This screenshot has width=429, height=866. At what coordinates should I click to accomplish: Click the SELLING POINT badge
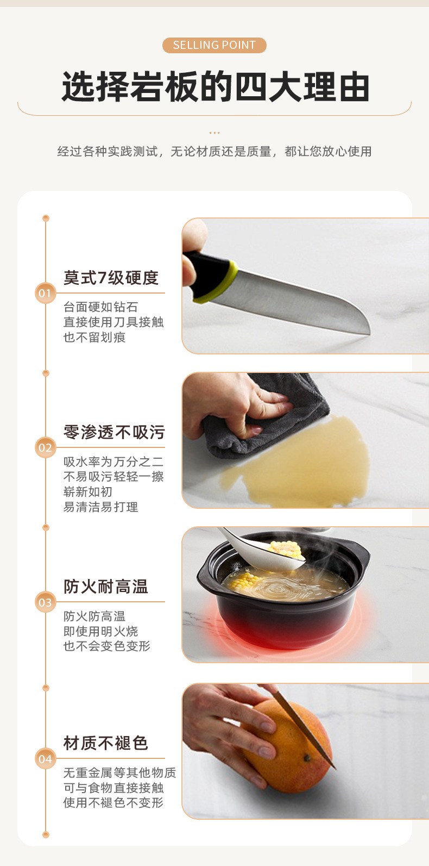pyautogui.click(x=214, y=45)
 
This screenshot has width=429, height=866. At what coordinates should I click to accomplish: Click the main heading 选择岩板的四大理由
pyautogui.click(x=216, y=86)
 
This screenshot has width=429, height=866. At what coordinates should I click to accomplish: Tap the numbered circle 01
pyautogui.click(x=45, y=293)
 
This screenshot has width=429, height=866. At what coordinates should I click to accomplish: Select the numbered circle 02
pyautogui.click(x=45, y=447)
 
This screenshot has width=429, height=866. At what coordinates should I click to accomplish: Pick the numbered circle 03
pyautogui.click(x=45, y=602)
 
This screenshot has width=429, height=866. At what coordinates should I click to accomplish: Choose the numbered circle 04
pyautogui.click(x=45, y=758)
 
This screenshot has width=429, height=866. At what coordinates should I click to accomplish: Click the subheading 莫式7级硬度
pyautogui.click(x=111, y=278)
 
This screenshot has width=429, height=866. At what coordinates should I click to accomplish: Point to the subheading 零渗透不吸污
pyautogui.click(x=114, y=432)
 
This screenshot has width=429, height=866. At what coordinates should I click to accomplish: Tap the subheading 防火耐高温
pyautogui.click(x=106, y=587)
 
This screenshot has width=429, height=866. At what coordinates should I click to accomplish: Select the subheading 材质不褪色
pyautogui.click(x=106, y=743)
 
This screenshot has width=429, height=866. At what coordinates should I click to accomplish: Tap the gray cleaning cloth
pyautogui.click(x=267, y=418)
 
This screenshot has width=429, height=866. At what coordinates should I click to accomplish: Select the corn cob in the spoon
pyautogui.click(x=285, y=550)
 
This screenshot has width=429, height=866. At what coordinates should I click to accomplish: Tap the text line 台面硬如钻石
pyautogui.click(x=101, y=307)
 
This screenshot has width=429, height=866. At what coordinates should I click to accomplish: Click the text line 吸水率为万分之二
pyautogui.click(x=113, y=462)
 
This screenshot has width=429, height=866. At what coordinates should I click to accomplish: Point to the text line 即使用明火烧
pyautogui.click(x=101, y=631)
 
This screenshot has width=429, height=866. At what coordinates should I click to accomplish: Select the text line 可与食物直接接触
pyautogui.click(x=113, y=788)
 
